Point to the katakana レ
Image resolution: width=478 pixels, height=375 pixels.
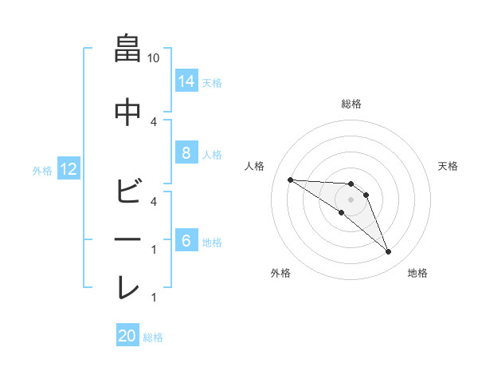(127, 287)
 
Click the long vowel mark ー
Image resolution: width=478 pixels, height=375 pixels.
(127, 239)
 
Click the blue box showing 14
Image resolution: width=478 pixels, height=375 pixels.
(186, 81)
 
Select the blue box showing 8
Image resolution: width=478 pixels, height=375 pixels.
(186, 154)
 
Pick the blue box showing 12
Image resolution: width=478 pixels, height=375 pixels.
(68, 169)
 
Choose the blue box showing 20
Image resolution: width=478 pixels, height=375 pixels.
(127, 336)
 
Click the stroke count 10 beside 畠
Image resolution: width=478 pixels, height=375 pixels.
(154, 58)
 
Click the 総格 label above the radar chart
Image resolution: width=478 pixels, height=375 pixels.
(351, 104)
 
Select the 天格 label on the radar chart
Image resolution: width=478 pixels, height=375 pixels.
(449, 166)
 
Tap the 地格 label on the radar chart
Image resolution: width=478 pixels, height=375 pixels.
(417, 273)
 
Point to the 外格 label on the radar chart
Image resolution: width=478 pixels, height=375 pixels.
(280, 273)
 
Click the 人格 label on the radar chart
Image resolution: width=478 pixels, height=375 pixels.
(254, 166)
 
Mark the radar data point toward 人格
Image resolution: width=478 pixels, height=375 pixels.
(290, 180)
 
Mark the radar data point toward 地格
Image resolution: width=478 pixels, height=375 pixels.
(388, 252)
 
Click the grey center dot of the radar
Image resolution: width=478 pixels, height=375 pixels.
(351, 199)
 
